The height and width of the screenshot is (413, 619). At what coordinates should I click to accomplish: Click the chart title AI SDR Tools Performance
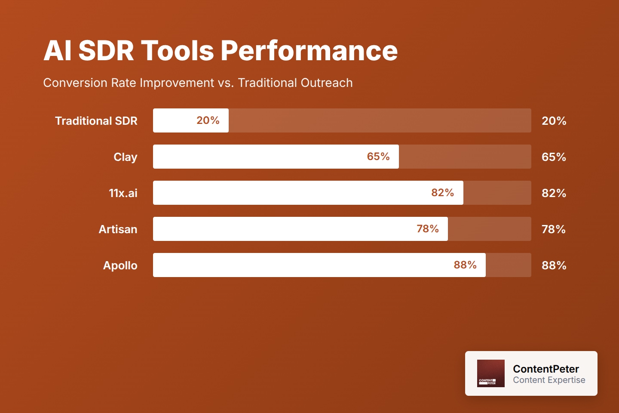220,51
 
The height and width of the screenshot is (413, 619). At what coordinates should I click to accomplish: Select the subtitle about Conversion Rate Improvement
198,83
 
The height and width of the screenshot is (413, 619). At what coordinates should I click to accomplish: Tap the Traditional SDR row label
96,121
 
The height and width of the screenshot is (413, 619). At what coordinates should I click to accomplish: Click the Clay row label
125,157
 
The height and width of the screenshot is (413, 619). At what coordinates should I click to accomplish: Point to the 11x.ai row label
123,193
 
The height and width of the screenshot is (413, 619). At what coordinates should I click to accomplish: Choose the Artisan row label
118,229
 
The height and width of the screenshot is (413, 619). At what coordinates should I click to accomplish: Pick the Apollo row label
120,265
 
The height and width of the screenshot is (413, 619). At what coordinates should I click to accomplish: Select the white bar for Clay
258,157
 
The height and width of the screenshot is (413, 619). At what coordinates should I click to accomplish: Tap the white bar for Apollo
301,265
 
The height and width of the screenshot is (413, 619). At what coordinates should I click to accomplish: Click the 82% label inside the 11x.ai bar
442,193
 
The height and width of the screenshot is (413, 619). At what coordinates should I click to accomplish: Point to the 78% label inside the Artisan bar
427,229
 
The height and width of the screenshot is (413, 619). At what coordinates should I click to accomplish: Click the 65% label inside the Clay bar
378,157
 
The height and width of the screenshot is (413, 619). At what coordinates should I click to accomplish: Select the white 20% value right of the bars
554,121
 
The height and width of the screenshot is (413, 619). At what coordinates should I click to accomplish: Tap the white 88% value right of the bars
554,265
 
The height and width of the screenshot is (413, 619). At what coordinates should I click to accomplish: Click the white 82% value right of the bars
554,193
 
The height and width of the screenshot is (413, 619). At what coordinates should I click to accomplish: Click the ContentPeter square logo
490,373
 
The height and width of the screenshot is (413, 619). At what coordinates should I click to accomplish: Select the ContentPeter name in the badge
545,369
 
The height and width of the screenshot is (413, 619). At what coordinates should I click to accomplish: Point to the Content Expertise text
549,380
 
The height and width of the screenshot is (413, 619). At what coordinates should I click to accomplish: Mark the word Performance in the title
309,51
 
